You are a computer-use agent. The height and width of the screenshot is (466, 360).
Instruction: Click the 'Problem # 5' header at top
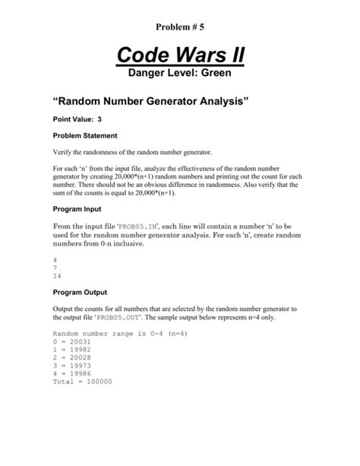(x=179, y=27)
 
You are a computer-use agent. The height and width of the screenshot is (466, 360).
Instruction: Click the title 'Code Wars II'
(x=179, y=55)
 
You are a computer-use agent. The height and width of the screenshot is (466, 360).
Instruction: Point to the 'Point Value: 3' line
(x=77, y=120)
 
